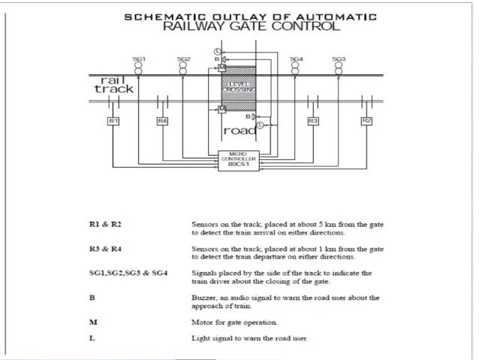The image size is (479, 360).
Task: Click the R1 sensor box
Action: (112, 120)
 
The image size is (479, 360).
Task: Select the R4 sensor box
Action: (162, 120)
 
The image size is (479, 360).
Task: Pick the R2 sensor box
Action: (366, 120)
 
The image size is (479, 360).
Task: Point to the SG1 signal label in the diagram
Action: (139, 58)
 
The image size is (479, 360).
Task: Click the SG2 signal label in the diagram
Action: (183, 58)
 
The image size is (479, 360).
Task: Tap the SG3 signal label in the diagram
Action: (339, 58)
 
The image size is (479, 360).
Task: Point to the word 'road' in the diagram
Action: (239, 132)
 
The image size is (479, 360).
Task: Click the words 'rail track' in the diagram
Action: (113, 83)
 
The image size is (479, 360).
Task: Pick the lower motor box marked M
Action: (222, 109)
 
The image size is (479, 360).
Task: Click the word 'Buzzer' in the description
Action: (205, 298)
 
